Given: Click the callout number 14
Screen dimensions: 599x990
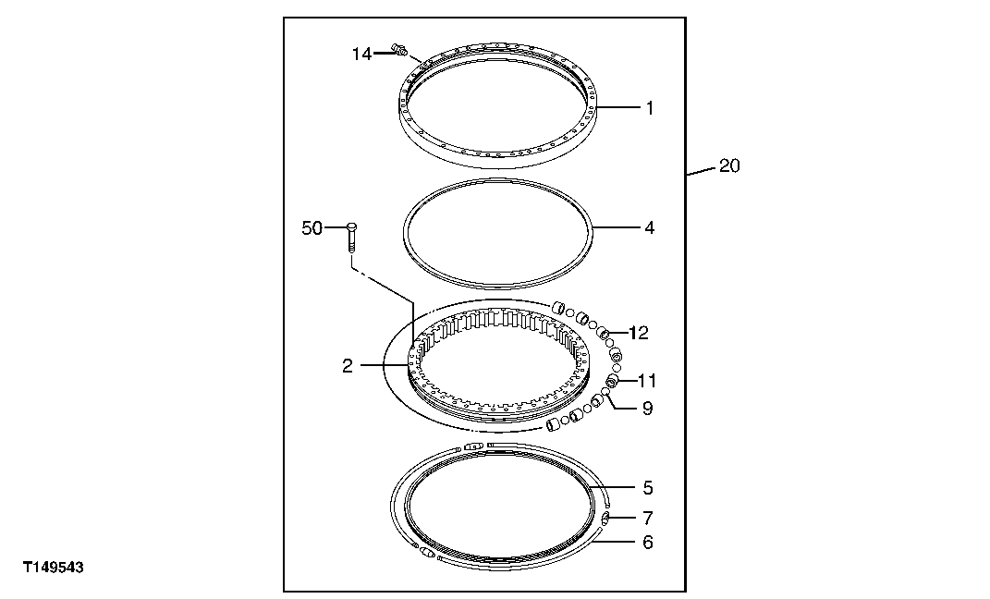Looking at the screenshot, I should point(361,55).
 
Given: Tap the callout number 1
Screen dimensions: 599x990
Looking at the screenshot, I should point(650,108).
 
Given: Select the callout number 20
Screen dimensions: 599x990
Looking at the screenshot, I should point(730,167).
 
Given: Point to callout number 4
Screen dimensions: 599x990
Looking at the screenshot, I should point(650,227).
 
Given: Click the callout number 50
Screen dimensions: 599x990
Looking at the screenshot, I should point(312,227).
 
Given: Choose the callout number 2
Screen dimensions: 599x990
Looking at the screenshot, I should point(347,367).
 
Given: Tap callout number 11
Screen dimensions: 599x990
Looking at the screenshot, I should point(645,380).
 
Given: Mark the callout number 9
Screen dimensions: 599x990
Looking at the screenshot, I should point(647,408).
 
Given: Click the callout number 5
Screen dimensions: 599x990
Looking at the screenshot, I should point(648,487).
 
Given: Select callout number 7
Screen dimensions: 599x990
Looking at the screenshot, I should point(648,518).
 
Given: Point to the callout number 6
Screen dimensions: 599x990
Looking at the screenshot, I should point(648,543).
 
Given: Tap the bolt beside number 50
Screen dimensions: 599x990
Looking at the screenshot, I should point(352,238).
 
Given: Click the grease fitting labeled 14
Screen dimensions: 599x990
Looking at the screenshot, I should point(400,49).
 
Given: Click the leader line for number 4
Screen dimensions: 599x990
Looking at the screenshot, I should point(614,227).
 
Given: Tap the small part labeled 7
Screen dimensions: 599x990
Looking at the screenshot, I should point(605,520).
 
